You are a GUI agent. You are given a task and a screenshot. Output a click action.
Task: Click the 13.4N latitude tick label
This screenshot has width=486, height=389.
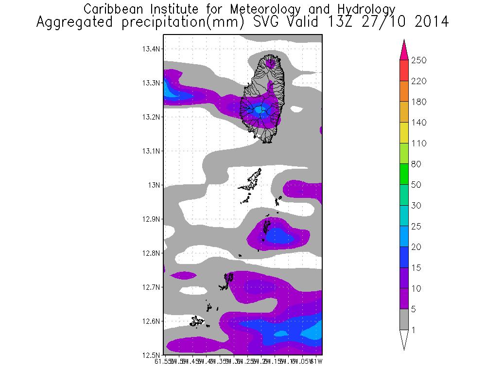pos(152,49)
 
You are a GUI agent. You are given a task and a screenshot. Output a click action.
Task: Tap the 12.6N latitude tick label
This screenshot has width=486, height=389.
pos(152,321)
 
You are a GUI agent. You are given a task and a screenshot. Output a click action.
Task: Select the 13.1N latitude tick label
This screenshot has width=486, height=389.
pos(152,151)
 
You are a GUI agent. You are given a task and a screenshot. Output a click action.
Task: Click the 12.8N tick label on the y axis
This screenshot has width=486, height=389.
pos(152,253)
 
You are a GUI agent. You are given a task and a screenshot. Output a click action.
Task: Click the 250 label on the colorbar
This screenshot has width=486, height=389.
pos(419,61)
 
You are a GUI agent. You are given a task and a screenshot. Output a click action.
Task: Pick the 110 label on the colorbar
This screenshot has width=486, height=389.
pos(419,144)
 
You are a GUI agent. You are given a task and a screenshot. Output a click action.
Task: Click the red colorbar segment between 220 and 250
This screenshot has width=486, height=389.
pos(404,71)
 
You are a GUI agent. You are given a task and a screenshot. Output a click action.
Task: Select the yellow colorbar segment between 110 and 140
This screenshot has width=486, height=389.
pos(404,133)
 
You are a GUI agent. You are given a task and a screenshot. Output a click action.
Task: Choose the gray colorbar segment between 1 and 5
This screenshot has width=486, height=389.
pos(404,320)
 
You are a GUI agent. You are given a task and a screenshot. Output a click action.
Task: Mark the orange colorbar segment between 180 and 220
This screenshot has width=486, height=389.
pos(404,92)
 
